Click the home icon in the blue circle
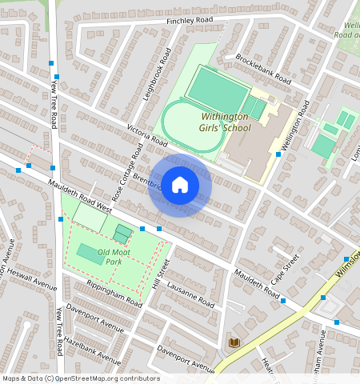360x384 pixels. coord(180,185)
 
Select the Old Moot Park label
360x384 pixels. coord(110,257)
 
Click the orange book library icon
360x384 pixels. coord(234,342)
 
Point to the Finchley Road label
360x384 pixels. coord(190,20)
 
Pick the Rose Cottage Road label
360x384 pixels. coord(128,172)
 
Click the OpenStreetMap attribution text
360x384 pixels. coord(80,378)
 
